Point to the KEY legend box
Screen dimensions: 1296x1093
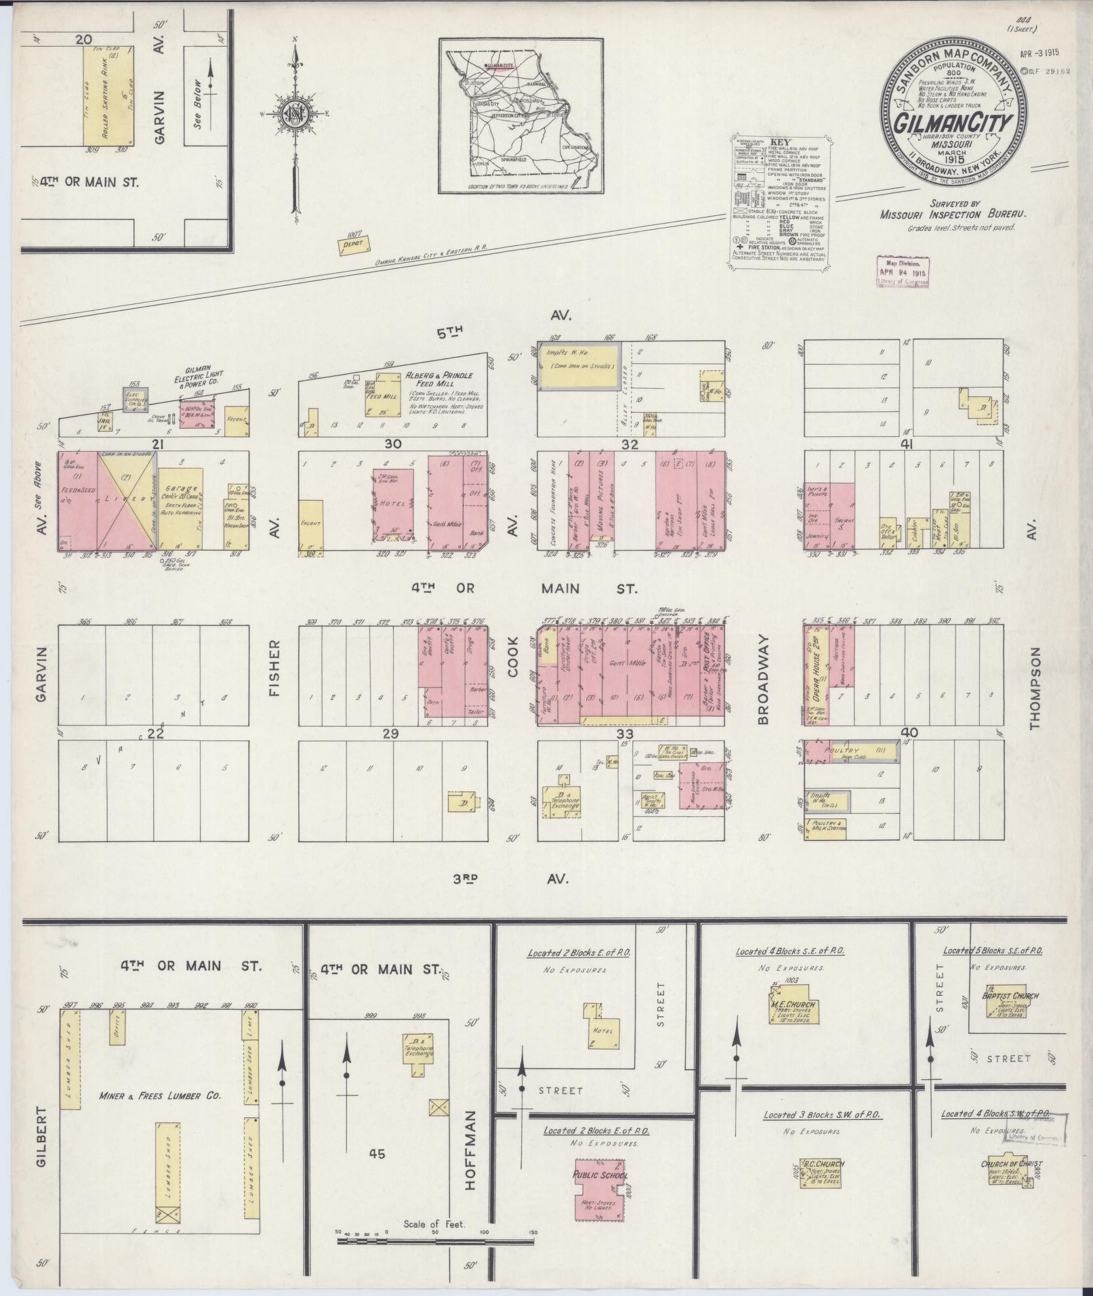(x=781, y=201)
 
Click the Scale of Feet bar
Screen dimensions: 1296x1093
(x=434, y=1240)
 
